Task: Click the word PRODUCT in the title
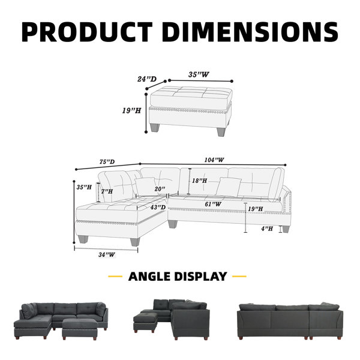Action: click(87, 32)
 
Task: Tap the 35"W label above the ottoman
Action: click(199, 74)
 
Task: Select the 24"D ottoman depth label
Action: click(147, 79)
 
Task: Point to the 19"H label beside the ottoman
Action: click(131, 110)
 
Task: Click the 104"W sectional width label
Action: click(214, 160)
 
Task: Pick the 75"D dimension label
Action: click(107, 161)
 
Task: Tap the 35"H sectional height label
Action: click(84, 187)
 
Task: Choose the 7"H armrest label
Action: click(107, 191)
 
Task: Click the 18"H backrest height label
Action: click(199, 181)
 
